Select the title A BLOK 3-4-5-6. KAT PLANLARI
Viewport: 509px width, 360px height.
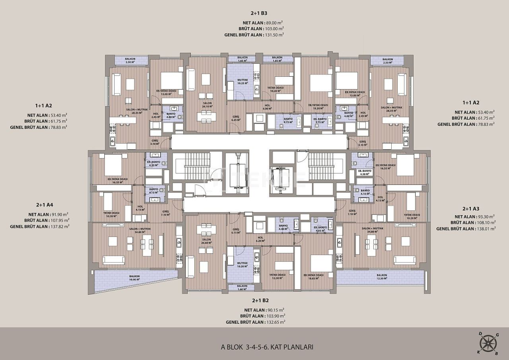coord(267,347)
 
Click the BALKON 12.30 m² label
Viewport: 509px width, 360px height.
coord(382,276)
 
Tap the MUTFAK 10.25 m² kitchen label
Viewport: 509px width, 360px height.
coord(243,82)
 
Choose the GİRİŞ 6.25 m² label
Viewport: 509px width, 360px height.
coord(236,118)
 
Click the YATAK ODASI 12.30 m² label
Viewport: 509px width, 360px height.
coord(275,276)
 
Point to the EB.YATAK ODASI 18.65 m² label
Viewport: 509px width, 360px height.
coord(313,276)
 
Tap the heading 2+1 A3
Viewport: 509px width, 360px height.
coord(471,208)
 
